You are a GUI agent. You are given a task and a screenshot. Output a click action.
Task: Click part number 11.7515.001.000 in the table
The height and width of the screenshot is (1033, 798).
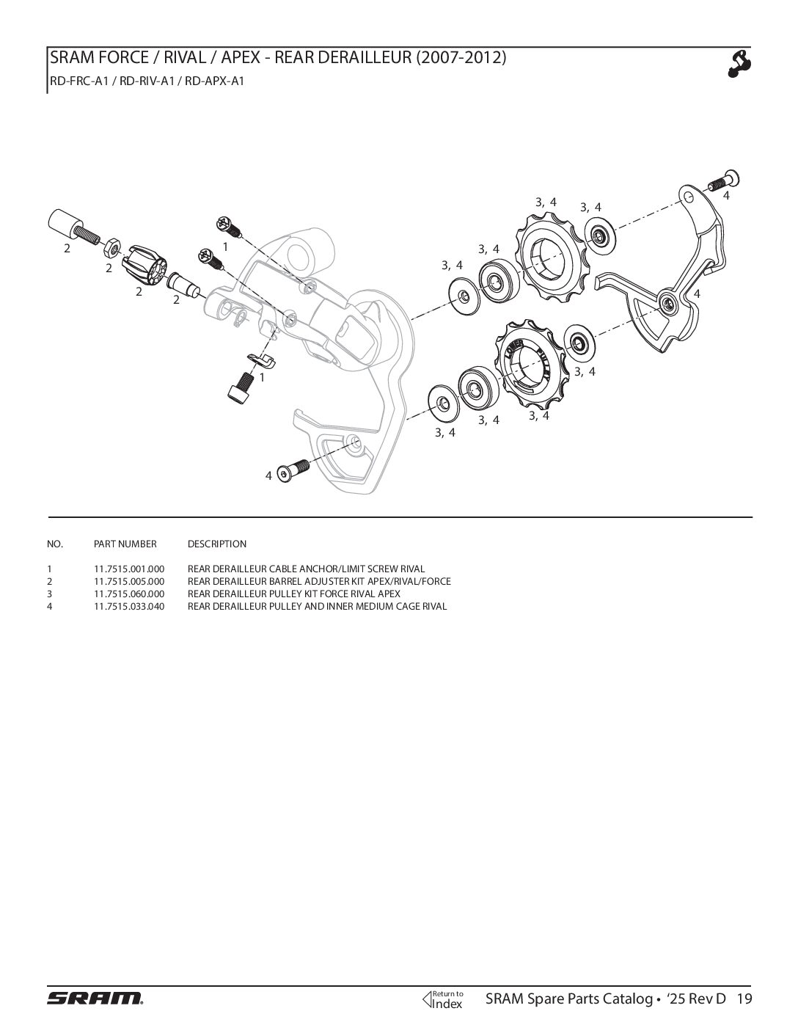point(129,569)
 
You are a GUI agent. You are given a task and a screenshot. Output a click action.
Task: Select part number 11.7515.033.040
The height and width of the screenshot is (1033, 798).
point(129,606)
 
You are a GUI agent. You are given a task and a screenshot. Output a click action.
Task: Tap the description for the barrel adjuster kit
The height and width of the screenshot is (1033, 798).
point(319,581)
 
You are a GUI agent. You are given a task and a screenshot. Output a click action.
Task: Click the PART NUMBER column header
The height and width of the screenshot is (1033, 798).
point(125,544)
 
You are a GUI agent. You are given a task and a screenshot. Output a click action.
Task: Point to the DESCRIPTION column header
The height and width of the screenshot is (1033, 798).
point(217,544)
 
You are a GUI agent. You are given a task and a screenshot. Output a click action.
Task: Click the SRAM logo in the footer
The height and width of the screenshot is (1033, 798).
point(95,998)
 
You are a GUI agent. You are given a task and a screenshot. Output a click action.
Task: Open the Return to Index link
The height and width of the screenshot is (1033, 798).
point(444,999)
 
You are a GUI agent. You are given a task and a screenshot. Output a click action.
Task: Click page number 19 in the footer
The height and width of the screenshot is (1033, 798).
point(744,999)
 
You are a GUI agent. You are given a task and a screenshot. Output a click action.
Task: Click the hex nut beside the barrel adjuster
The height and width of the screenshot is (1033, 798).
point(113,244)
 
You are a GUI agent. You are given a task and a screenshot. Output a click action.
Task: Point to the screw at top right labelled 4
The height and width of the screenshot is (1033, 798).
point(724,179)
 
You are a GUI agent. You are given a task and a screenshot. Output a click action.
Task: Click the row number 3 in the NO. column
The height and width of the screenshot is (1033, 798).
point(49,594)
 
